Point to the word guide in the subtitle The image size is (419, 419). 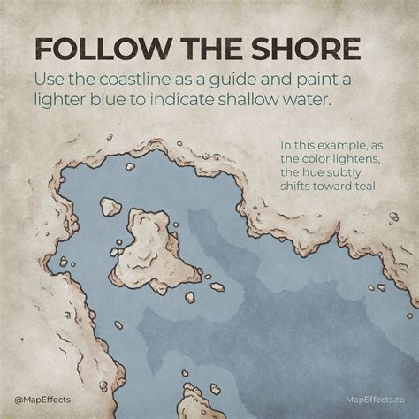257,79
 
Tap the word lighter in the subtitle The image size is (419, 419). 65,103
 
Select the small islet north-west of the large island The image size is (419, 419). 110,207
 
